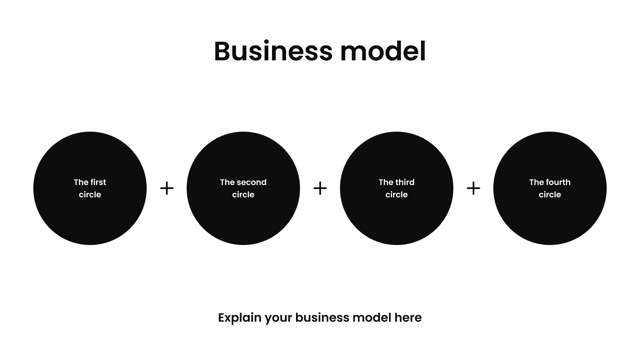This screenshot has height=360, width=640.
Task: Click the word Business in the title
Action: (273, 52)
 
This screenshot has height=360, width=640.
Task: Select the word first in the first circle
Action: (98, 182)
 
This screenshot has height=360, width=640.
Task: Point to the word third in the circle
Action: (406, 182)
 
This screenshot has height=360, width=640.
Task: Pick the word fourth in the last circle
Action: (558, 182)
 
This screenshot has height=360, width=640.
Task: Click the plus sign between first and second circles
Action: (167, 188)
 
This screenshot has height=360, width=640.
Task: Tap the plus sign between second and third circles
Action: (320, 188)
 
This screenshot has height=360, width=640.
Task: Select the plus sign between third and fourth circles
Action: (473, 188)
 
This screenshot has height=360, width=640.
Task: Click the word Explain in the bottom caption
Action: (239, 318)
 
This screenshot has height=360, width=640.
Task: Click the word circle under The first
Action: (90, 195)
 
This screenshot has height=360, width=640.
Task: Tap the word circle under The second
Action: (243, 195)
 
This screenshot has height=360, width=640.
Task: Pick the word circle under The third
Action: (397, 195)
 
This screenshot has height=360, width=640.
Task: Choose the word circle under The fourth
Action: (550, 195)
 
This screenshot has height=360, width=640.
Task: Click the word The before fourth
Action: (537, 182)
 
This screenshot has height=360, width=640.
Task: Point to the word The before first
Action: (81, 182)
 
